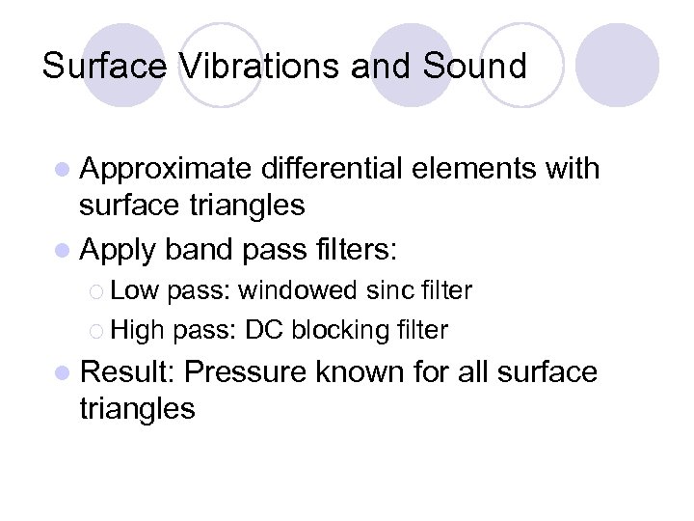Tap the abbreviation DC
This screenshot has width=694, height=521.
pos(263,330)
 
